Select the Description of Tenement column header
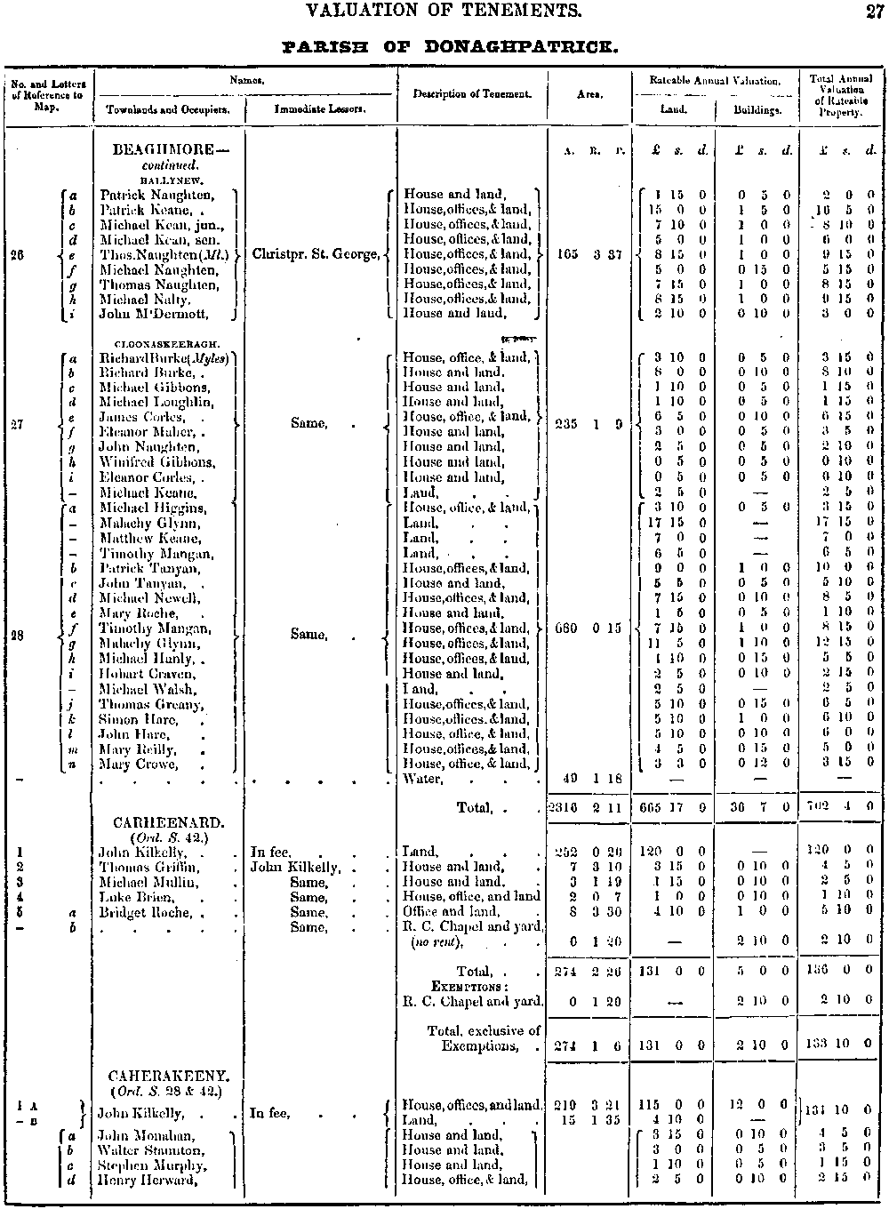(472, 93)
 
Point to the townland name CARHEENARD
(169, 823)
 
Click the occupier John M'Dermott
(154, 314)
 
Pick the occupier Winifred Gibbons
(156, 462)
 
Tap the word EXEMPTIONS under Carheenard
(469, 986)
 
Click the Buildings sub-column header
(757, 110)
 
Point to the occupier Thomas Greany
(151, 704)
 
